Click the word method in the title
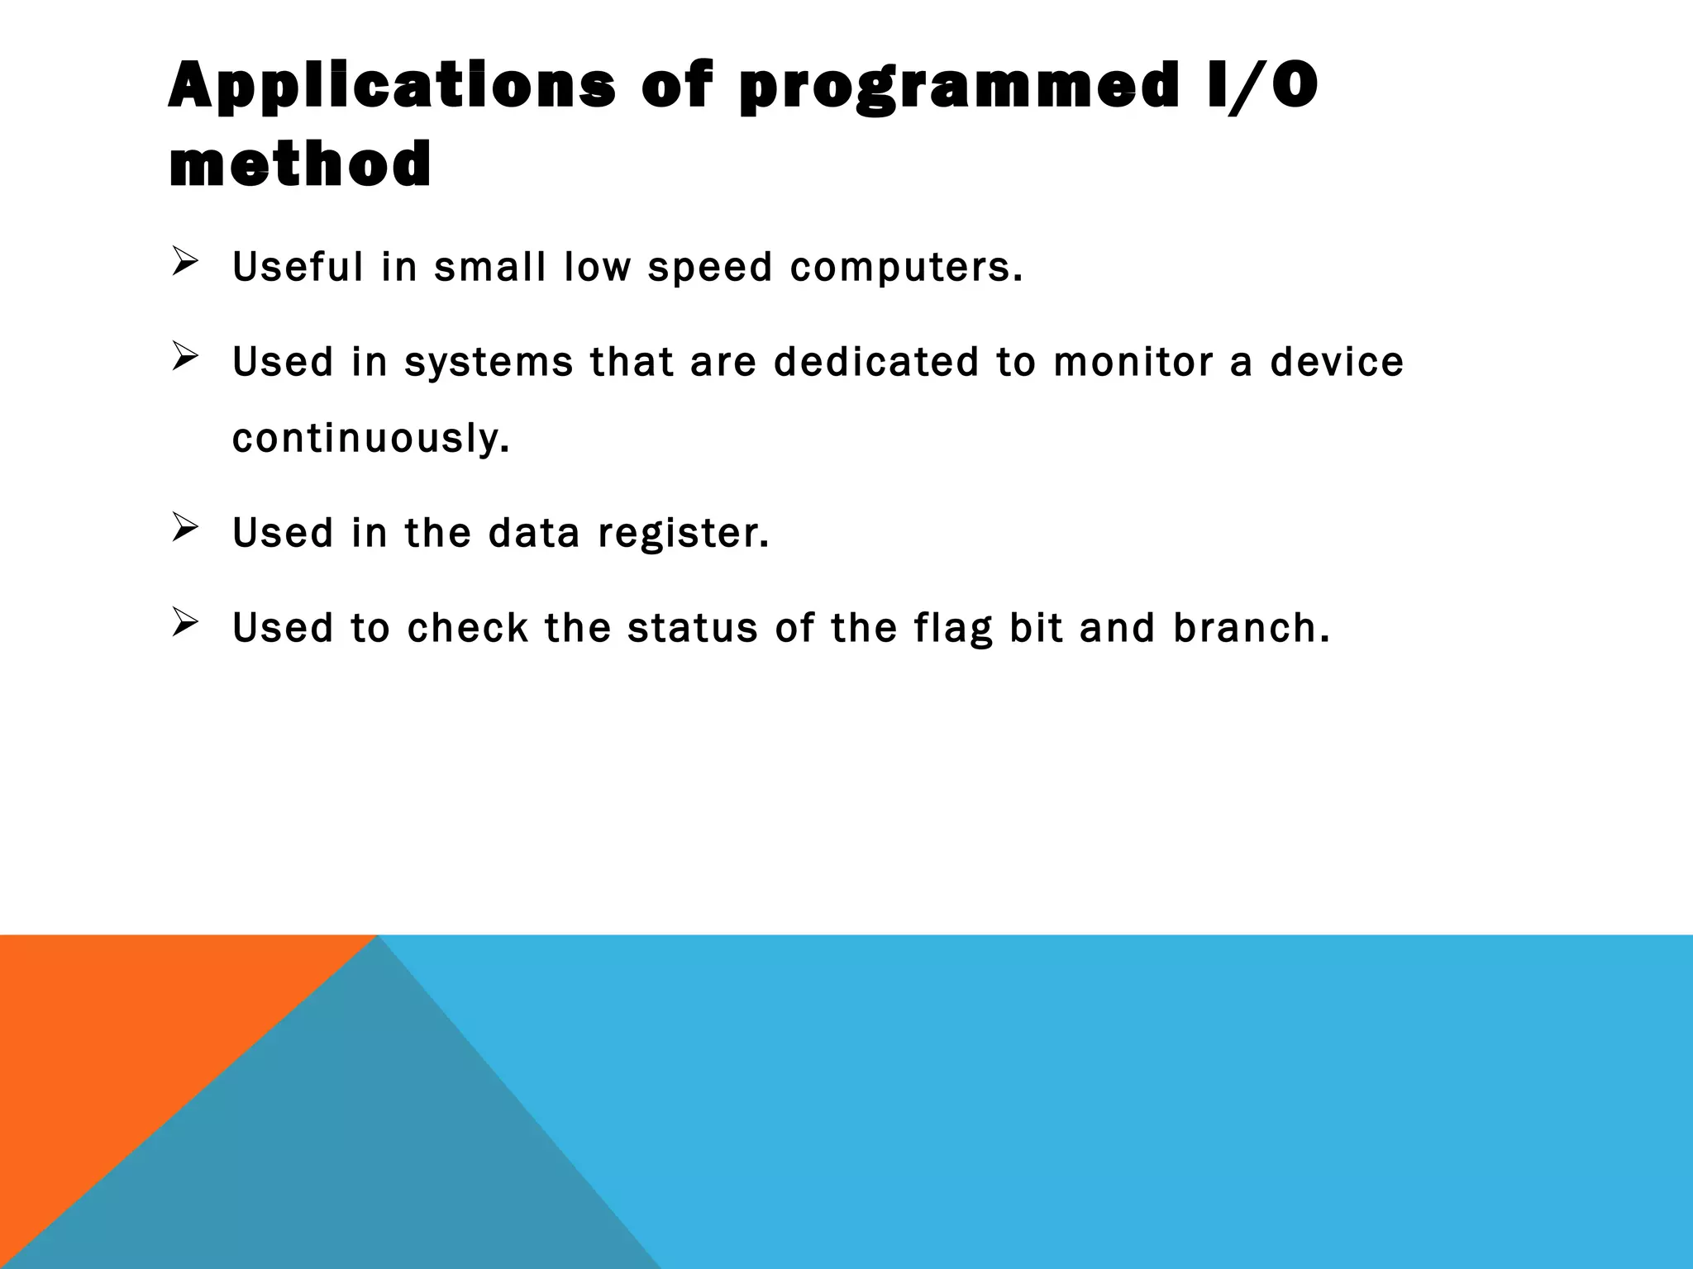[300, 164]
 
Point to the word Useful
[298, 267]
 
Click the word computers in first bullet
[905, 267]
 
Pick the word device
[1337, 362]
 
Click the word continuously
[370, 438]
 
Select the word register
[683, 533]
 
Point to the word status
[692, 628]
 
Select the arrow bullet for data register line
[184, 528]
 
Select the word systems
[489, 362]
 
